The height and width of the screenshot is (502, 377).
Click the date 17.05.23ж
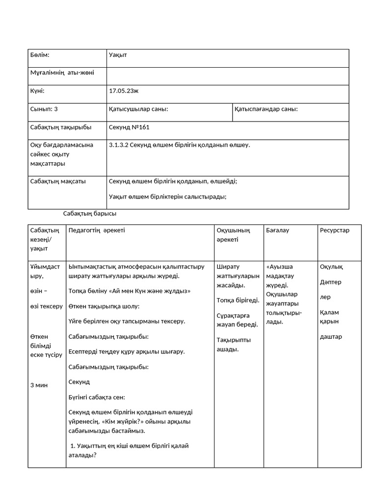[x=124, y=91]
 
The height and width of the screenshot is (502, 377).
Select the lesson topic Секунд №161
[x=129, y=127]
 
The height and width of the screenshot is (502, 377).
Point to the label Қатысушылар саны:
[x=138, y=109]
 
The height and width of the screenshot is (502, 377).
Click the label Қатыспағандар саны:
[x=266, y=109]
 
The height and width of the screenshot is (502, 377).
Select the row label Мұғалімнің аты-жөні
[x=62, y=73]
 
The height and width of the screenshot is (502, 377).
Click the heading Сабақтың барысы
[x=90, y=213]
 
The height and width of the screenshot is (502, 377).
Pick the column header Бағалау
[x=277, y=230]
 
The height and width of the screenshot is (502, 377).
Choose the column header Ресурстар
[x=335, y=230]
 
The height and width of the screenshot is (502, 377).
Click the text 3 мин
[x=39, y=385]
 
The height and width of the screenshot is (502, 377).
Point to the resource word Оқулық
[x=331, y=267]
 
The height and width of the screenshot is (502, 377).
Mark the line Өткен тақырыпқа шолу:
[x=104, y=306]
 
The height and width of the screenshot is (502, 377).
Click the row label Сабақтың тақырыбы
[x=61, y=127]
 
